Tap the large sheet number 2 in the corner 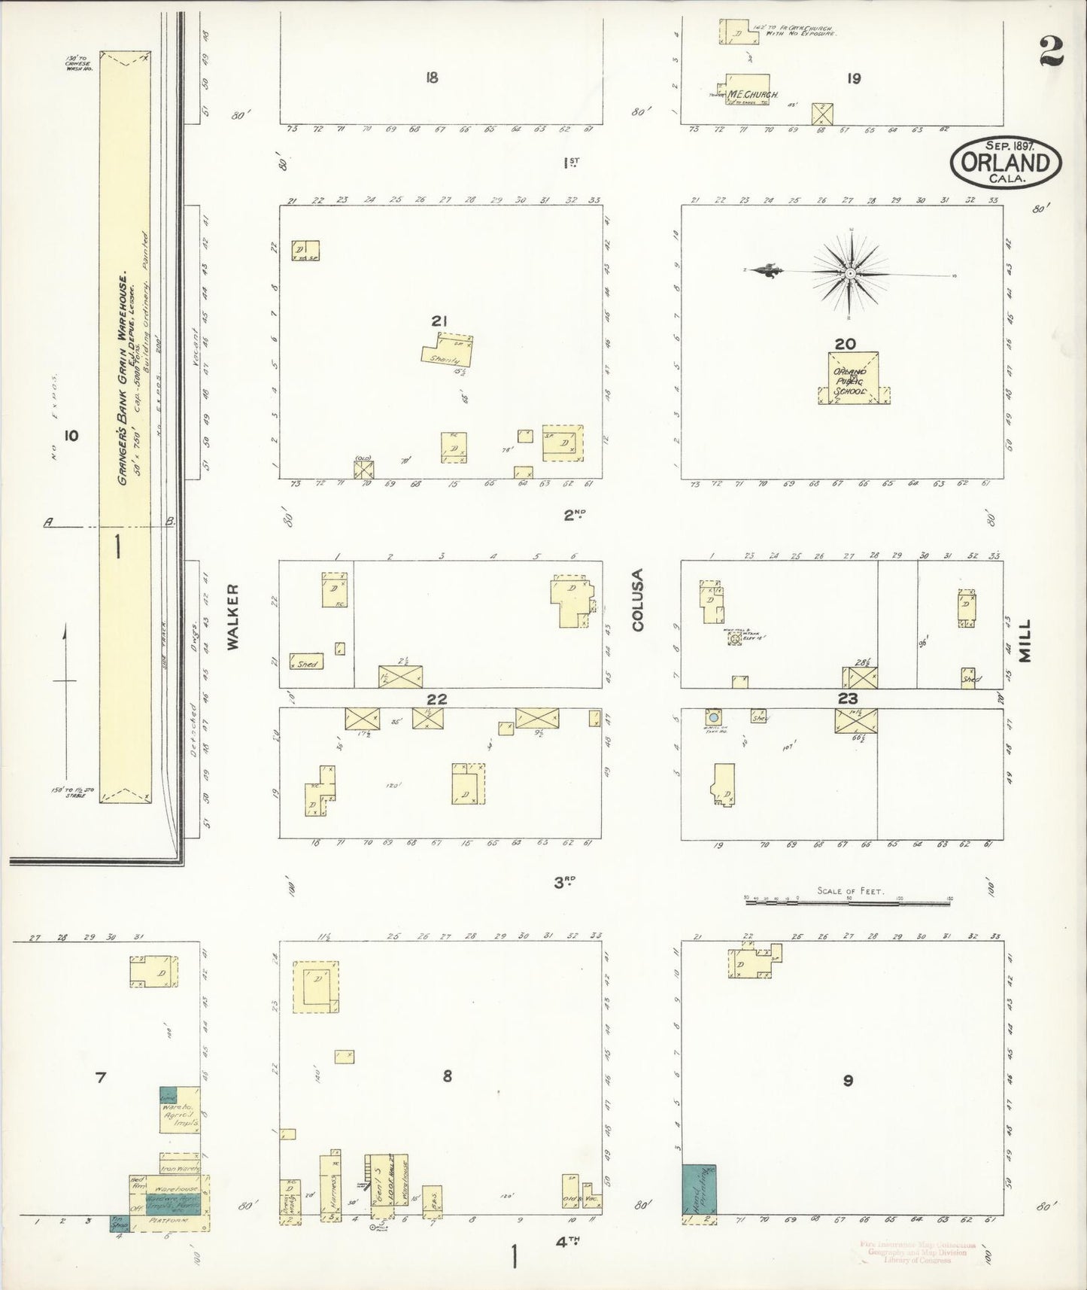coord(1051,53)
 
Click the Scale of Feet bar coord(849,899)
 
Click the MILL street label coord(1024,640)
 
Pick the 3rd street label coord(564,882)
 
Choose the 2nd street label coord(574,515)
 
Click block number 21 coord(439,321)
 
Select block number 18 coord(431,77)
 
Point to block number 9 coord(848,1081)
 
